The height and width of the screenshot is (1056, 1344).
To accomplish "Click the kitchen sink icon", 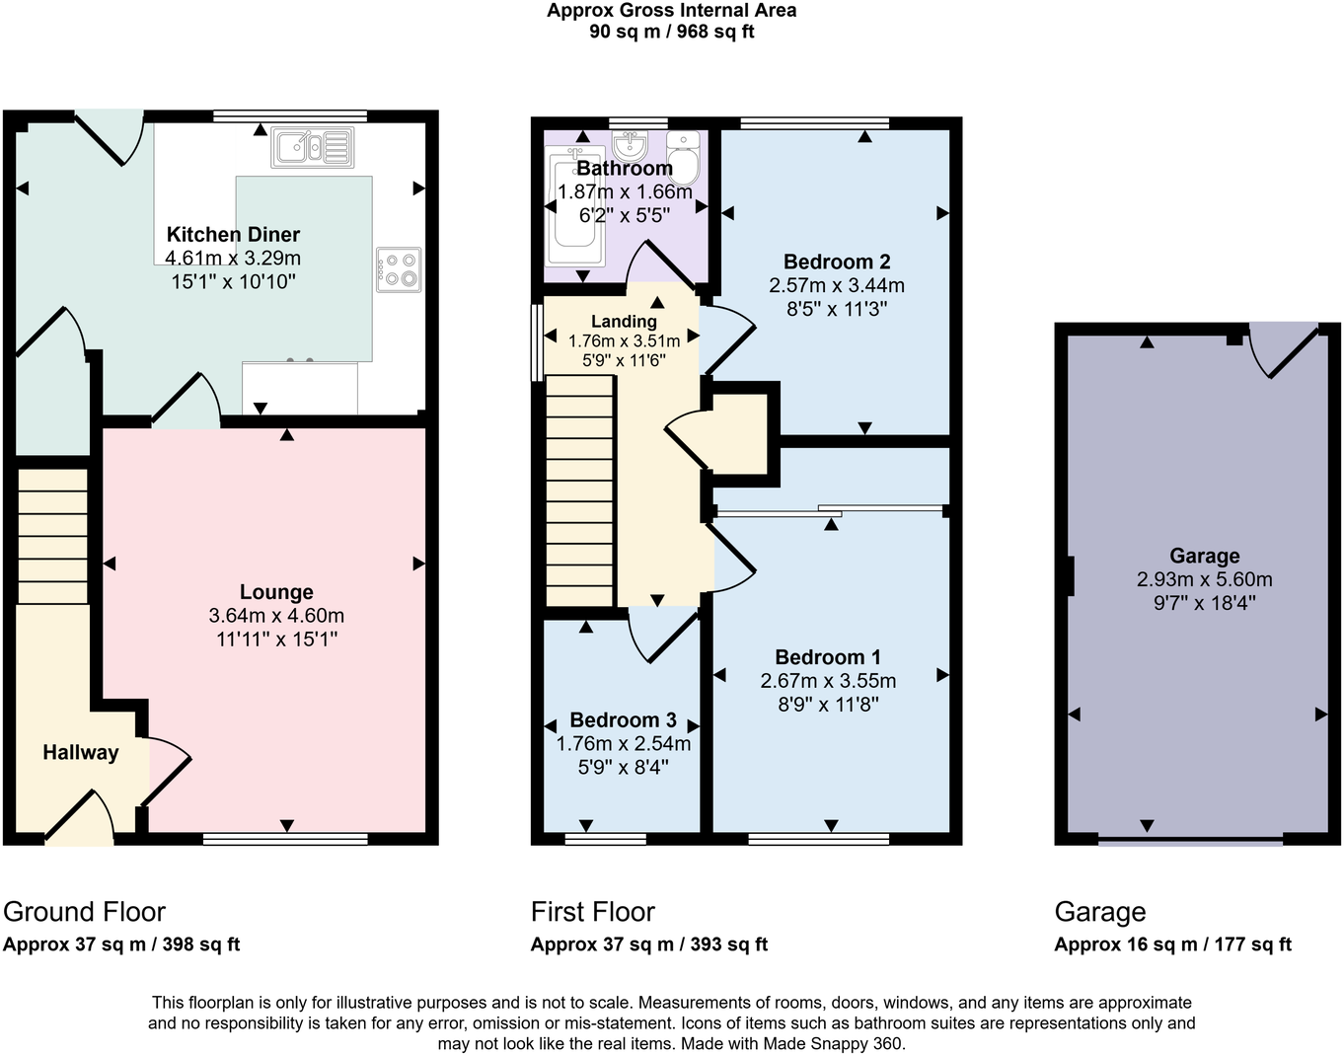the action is (x=312, y=147).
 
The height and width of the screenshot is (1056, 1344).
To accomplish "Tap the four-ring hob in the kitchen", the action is (x=398, y=269).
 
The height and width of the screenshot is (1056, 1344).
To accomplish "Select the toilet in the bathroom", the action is (x=683, y=158).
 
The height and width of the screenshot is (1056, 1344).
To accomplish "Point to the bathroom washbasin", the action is (x=629, y=147).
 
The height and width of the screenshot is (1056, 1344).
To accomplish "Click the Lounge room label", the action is (x=276, y=592).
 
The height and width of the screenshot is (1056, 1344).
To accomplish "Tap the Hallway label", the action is (x=80, y=752).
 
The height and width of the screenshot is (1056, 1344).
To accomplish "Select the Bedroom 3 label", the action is (x=623, y=720).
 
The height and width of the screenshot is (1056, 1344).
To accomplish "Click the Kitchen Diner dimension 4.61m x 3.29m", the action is (x=233, y=259).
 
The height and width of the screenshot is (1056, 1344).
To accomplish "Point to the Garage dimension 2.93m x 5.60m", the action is (x=1204, y=579).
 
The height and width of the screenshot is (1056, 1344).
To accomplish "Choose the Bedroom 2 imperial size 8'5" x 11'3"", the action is (x=837, y=309).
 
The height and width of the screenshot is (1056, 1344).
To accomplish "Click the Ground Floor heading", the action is (x=85, y=912).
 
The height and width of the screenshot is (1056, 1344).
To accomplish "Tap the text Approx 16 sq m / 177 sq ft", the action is (x=1172, y=944).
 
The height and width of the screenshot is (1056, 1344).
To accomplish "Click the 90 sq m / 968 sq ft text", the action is (x=671, y=32).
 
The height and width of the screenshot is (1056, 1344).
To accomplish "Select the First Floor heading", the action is (x=592, y=912).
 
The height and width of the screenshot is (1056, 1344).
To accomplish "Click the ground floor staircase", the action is (x=53, y=535).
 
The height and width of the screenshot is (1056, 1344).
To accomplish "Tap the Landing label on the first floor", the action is (x=624, y=322).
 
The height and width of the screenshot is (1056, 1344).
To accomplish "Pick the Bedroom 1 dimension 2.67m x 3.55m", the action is (x=828, y=681).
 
